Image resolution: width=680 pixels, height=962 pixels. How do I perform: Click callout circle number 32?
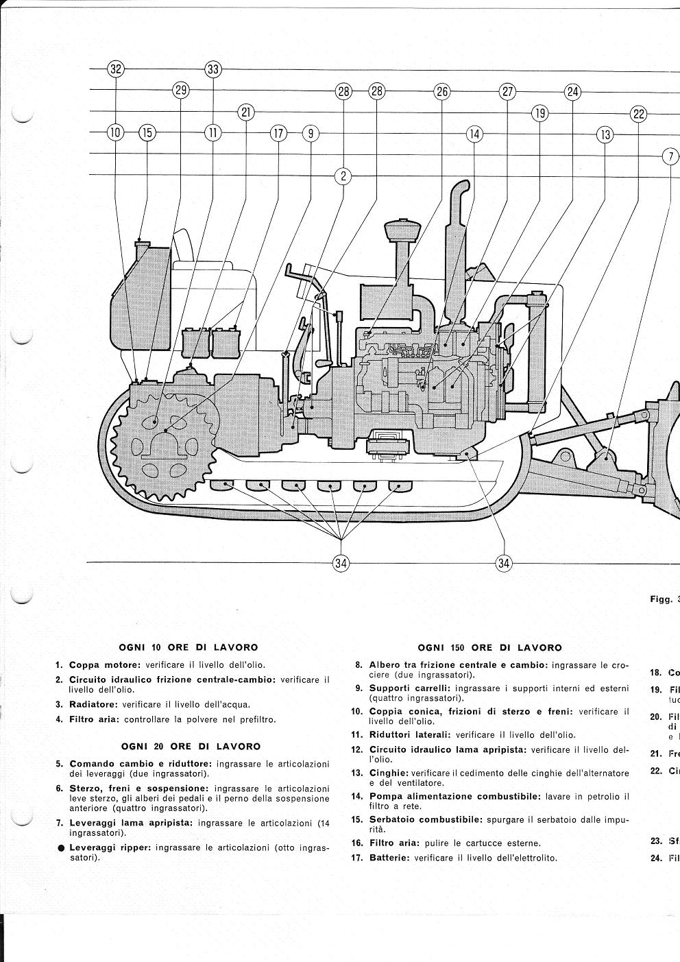[116, 69]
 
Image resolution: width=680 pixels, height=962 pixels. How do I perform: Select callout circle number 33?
[213, 69]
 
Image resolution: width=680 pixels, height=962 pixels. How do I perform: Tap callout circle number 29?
[181, 91]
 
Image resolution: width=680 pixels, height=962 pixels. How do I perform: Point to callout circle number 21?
[246, 112]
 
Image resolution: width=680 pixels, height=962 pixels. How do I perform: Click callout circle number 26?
[441, 91]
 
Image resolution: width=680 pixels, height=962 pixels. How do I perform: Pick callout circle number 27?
[507, 91]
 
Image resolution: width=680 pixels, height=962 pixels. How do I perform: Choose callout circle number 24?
[572, 91]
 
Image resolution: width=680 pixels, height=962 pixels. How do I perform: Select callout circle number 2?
[343, 176]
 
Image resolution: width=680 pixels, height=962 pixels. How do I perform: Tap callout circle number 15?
[147, 133]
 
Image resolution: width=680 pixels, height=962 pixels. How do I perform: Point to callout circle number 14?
[474, 134]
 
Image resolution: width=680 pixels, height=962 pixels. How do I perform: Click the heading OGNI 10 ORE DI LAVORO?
[189, 647]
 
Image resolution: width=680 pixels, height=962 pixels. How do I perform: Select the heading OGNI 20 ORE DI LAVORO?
[191, 746]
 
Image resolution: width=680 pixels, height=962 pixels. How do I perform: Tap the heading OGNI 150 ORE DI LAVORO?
[489, 647]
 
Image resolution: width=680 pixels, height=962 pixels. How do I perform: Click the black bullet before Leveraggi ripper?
[61, 847]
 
